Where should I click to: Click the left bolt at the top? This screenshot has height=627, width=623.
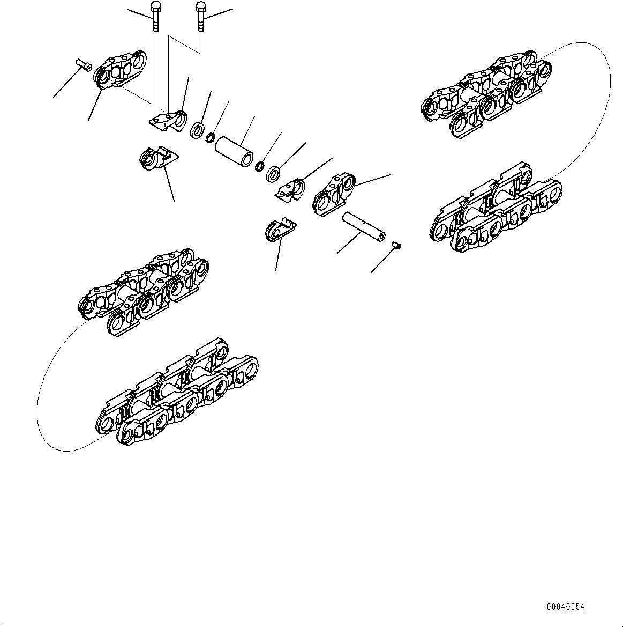pos(155,16)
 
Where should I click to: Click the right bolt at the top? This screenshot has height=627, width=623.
pos(200,16)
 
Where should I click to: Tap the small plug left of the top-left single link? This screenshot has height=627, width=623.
pos(83,65)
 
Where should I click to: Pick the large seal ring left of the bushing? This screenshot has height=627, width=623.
pos(197,130)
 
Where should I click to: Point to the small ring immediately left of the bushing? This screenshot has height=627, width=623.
pos(211,138)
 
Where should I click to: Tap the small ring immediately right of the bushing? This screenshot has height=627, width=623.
pos(261,165)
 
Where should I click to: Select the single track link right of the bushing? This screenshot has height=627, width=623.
pos(333,194)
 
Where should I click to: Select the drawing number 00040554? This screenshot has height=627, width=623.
pos(565,607)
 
